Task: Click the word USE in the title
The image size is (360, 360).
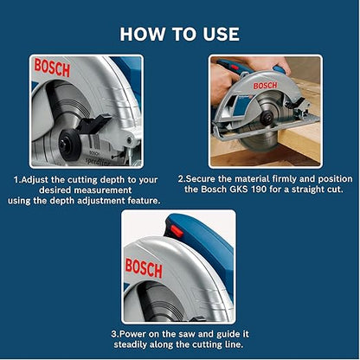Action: (x=218, y=34)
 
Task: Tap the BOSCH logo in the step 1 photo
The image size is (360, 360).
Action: (x=52, y=68)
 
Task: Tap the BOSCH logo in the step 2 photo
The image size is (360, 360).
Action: (x=265, y=85)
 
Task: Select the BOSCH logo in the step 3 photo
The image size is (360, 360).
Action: (x=144, y=267)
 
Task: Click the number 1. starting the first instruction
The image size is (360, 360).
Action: (x=16, y=180)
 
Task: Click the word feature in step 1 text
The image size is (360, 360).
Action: (x=142, y=201)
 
